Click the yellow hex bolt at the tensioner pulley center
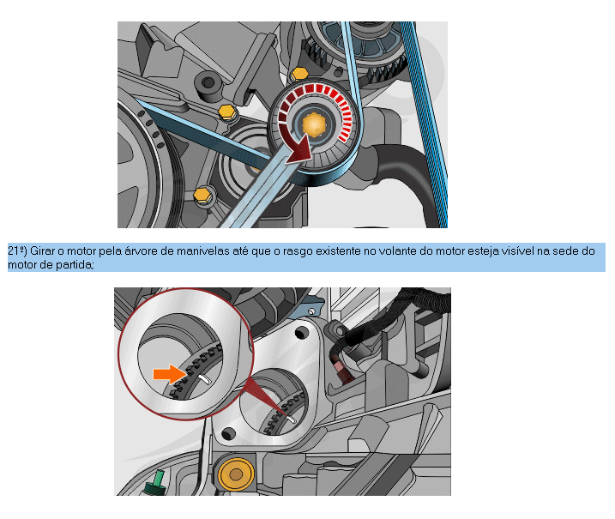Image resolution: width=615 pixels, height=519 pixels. pos(314,124)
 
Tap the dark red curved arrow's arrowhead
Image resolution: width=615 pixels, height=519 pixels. pos(301,152)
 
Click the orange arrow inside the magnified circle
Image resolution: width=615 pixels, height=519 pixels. pos(170,374)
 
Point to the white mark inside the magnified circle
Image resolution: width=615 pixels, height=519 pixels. pos(204,379)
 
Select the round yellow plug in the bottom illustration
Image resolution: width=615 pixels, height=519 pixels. pos(236,474)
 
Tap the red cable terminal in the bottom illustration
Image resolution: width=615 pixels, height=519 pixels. pos(341,370)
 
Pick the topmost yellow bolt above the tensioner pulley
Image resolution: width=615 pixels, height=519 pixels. pos(299,74)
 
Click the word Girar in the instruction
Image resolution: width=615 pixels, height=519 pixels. pos(42,251)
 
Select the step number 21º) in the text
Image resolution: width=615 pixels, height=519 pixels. pos(17,251)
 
